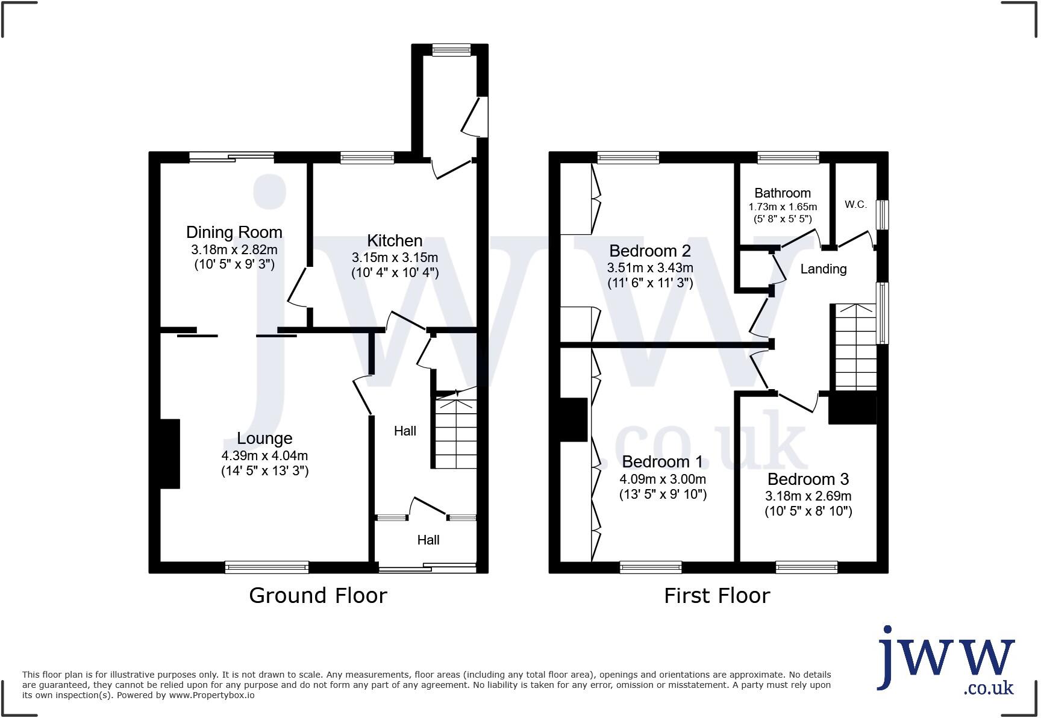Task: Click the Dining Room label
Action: pyautogui.click(x=234, y=232)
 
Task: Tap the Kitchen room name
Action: pyautogui.click(x=395, y=240)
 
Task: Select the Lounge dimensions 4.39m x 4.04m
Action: pyautogui.click(x=264, y=456)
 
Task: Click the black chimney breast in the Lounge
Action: pyautogui.click(x=170, y=454)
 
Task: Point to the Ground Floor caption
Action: pyautogui.click(x=317, y=596)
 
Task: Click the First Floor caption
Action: pyautogui.click(x=717, y=596)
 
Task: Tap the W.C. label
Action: pyautogui.click(x=855, y=204)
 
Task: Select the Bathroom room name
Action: pyautogui.click(x=783, y=193)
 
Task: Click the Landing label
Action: pyautogui.click(x=823, y=269)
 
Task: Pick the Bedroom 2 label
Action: pyautogui.click(x=650, y=251)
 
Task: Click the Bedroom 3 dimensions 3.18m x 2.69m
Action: pyautogui.click(x=808, y=496)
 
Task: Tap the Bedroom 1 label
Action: pyautogui.click(x=662, y=462)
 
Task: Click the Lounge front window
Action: pyautogui.click(x=267, y=567)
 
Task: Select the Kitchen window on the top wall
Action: pyautogui.click(x=367, y=158)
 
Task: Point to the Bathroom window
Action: pyautogui.click(x=788, y=158)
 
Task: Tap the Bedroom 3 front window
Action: pyautogui.click(x=806, y=567)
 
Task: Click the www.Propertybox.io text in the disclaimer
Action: pyautogui.click(x=211, y=695)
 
